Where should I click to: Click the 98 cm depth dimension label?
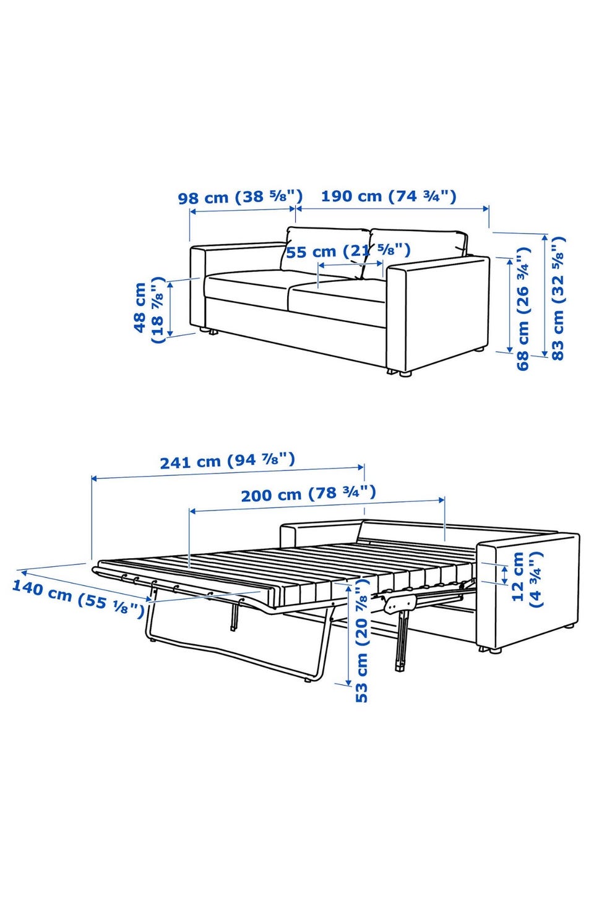[240, 197]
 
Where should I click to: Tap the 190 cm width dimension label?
[389, 196]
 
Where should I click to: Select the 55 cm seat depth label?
[348, 250]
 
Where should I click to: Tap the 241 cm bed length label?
[227, 460]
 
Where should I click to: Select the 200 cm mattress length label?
[308, 493]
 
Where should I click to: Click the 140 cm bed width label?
[78, 598]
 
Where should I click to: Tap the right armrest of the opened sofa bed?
[528, 592]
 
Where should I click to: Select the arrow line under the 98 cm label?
[243, 210]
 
